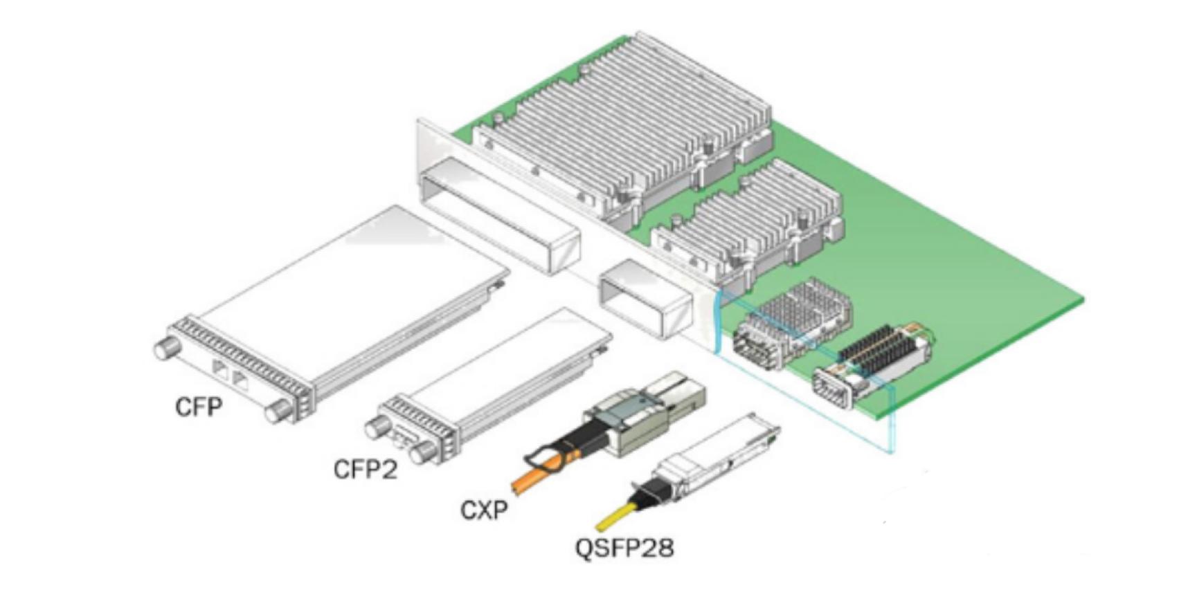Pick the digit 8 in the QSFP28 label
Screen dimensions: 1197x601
pyautogui.click(x=663, y=548)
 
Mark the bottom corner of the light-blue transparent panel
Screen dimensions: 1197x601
pyautogui.click(x=892, y=453)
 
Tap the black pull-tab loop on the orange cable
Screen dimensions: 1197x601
pyautogui.click(x=550, y=456)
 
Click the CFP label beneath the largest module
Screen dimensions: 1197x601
pyautogui.click(x=199, y=406)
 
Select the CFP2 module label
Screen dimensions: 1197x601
pyautogui.click(x=366, y=470)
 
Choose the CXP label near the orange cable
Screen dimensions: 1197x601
pyautogui.click(x=484, y=510)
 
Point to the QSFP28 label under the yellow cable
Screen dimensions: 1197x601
pyautogui.click(x=624, y=548)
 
